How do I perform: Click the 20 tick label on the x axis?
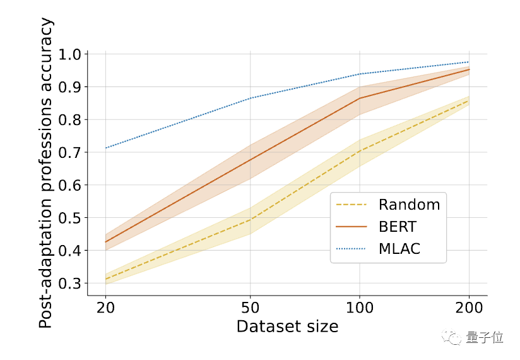coord(105,309)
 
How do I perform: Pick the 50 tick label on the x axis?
coord(250,309)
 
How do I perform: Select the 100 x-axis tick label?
coord(360,309)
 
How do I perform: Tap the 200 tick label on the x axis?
coord(469,309)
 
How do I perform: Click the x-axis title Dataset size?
coord(287,327)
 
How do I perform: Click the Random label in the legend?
coord(409,205)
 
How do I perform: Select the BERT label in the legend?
coord(398,227)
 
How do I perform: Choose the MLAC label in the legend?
coord(399,249)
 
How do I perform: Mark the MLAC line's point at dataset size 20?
coord(105,148)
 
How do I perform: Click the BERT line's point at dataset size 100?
coord(360,98)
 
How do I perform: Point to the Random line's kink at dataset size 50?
coord(250,220)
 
